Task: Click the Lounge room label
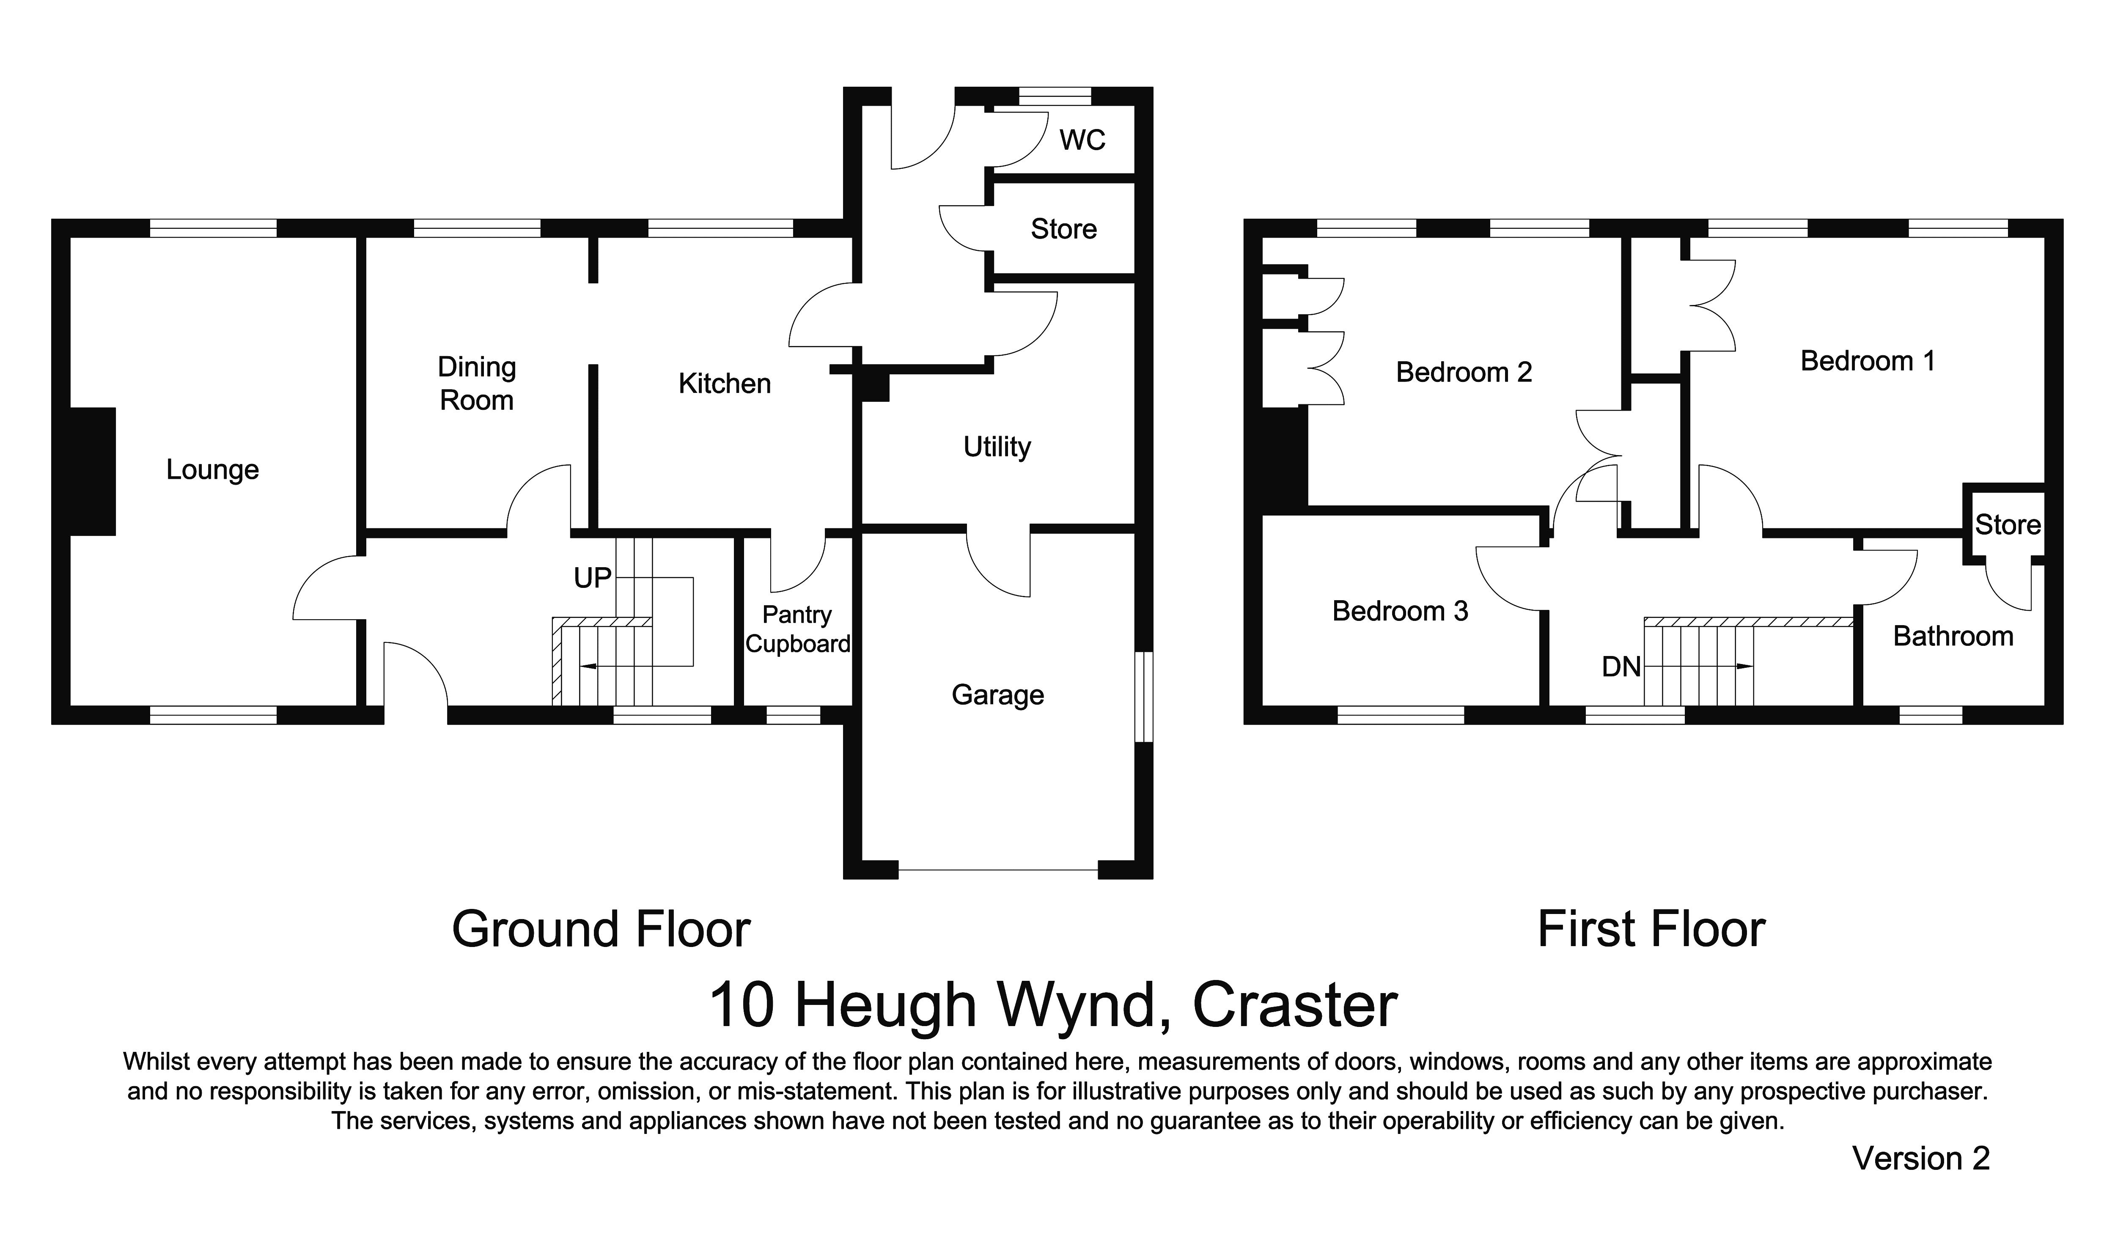[x=213, y=470]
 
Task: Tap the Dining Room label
[x=477, y=384]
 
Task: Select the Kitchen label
[x=724, y=384]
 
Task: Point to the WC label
[x=1082, y=140]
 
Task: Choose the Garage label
[x=998, y=694]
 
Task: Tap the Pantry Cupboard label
[x=797, y=629]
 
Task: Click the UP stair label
[x=592, y=578]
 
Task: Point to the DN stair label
[x=1621, y=667]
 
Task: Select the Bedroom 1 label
[x=1868, y=361]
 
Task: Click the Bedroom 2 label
[x=1464, y=372]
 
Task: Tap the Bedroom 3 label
[x=1399, y=611]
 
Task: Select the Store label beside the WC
[x=1064, y=229]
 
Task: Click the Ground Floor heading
[x=601, y=929]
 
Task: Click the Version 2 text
[x=1920, y=1158]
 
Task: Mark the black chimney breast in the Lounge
[x=92, y=471]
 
